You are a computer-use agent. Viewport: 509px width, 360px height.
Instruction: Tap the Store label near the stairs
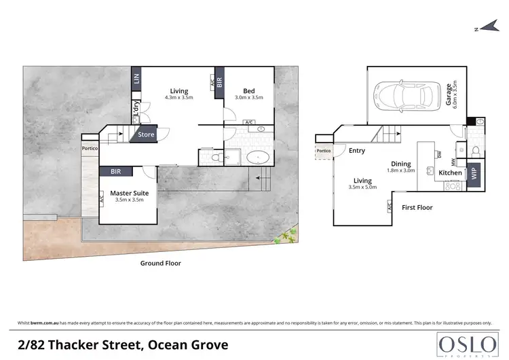click(x=146, y=134)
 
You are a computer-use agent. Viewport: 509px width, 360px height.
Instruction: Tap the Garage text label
click(x=449, y=96)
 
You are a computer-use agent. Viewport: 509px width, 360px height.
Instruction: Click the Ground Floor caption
click(x=160, y=263)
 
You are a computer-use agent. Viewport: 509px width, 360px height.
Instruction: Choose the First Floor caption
click(x=417, y=207)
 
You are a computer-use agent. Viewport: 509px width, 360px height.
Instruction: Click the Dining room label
click(x=400, y=164)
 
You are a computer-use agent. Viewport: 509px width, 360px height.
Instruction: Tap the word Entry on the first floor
click(x=356, y=151)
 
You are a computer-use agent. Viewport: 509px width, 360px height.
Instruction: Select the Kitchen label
click(x=450, y=173)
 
